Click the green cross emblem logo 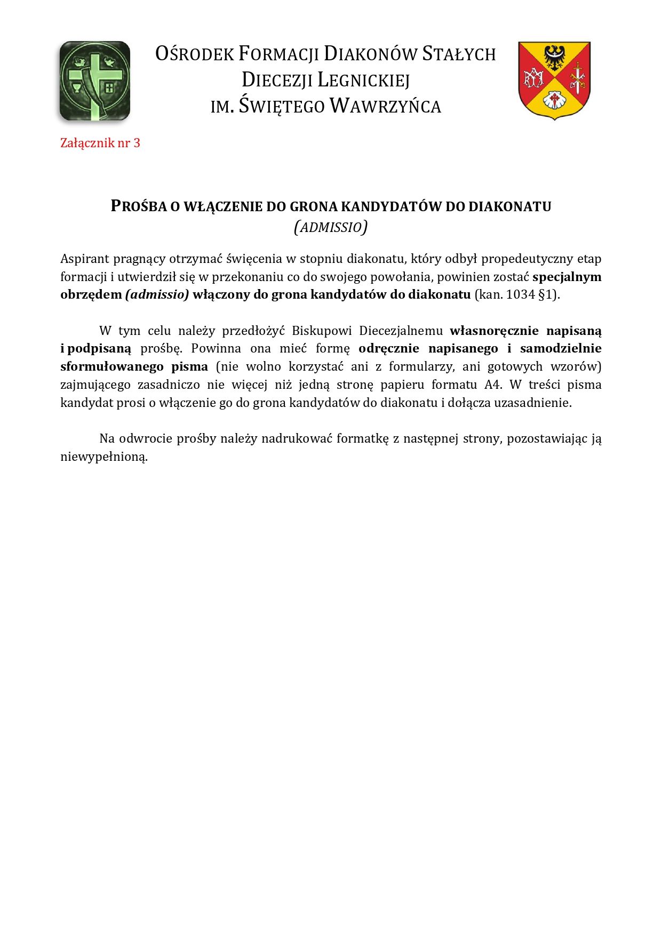[x=95, y=81]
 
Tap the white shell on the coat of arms [x=554, y=100]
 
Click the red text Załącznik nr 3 [x=100, y=143]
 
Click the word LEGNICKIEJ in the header [x=364, y=80]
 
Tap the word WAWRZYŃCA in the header [x=385, y=106]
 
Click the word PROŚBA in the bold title [x=139, y=206]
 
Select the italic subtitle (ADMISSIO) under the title [x=331, y=227]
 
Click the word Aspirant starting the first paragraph [x=84, y=259]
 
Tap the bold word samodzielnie [x=561, y=348]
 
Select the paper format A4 [x=493, y=385]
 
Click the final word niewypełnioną [x=103, y=457]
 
